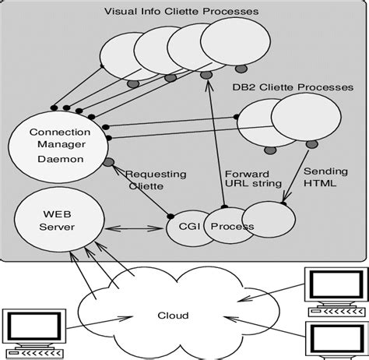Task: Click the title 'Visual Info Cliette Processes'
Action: (181, 11)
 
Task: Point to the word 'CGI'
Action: (181, 226)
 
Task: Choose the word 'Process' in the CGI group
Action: (235, 226)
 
